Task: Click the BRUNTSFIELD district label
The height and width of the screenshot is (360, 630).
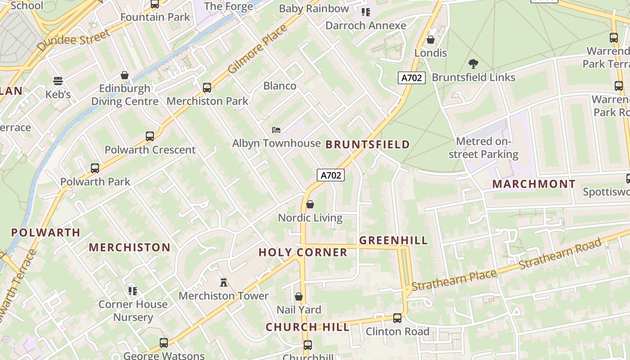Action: coord(367,144)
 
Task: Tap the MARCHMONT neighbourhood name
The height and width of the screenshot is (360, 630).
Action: coord(533,184)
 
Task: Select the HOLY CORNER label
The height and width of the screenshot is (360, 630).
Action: coord(303,252)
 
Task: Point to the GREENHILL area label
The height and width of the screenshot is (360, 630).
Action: coord(393,240)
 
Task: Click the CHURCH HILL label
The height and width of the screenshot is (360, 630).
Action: coord(307,327)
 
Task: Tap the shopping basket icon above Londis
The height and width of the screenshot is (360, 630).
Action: coord(431,40)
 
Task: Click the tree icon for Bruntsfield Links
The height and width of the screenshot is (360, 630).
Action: coord(473,63)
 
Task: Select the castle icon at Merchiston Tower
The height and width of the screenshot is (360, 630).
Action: coord(223,283)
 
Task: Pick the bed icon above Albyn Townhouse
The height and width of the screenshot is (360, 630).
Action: coord(276,130)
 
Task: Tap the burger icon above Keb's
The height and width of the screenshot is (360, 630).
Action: coord(58,81)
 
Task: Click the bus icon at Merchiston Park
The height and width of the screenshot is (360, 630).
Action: coord(207,87)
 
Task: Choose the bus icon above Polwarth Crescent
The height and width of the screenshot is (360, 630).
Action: coord(150,136)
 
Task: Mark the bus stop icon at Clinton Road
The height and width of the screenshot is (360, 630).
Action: coord(397,318)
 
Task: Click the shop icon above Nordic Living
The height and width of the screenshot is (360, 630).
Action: coord(310,205)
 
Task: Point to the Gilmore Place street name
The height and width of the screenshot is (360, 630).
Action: coord(257,49)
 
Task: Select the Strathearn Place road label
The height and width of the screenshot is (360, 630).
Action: coord(454,280)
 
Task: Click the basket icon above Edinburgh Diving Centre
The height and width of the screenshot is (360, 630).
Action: coord(125,75)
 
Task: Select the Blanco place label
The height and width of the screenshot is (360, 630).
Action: coord(279,86)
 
